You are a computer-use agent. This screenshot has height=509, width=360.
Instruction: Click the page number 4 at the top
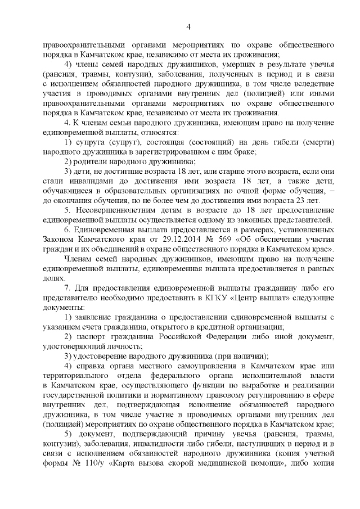188,26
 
